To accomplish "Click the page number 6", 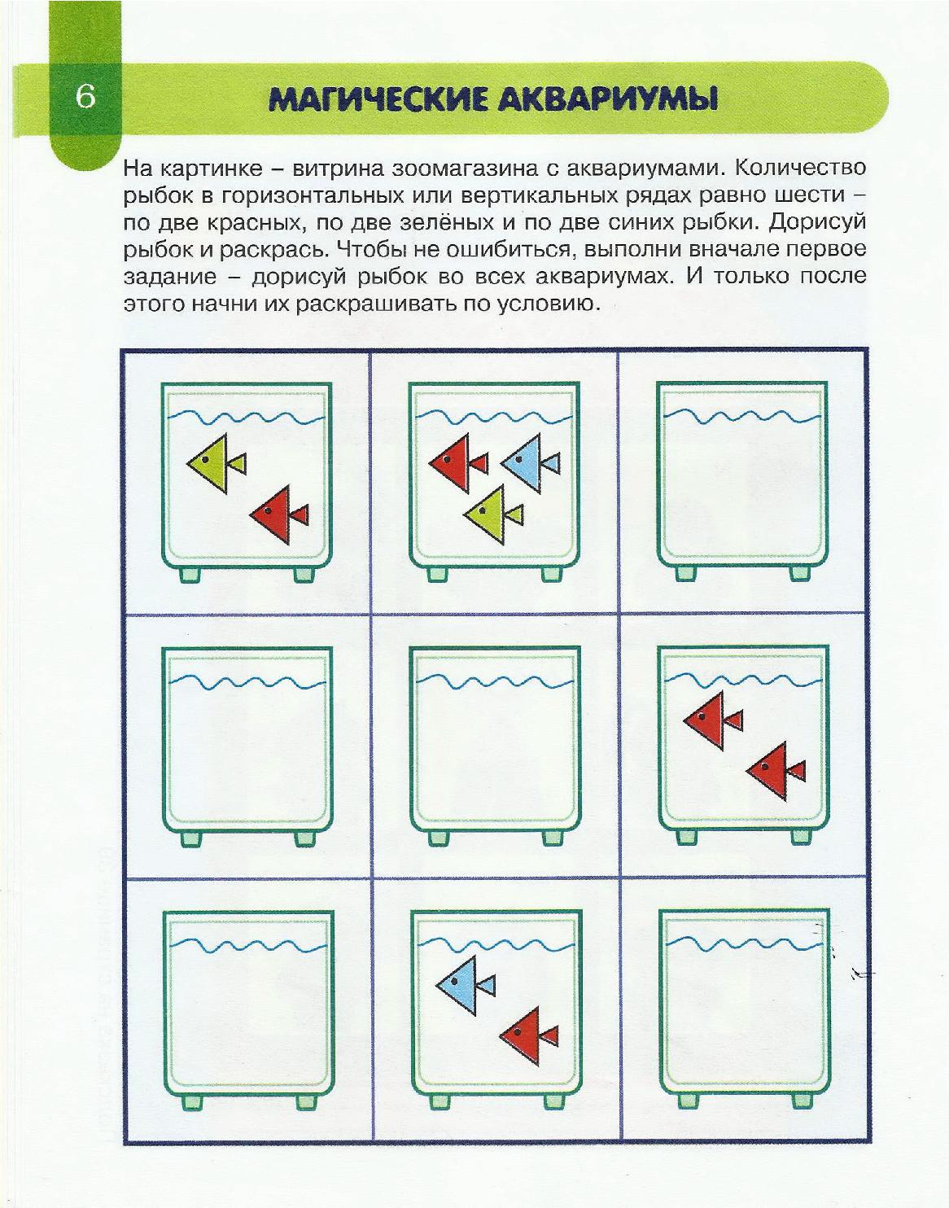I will point(86,97).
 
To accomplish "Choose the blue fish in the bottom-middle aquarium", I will point(465,986).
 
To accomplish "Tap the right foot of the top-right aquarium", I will point(802,574).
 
